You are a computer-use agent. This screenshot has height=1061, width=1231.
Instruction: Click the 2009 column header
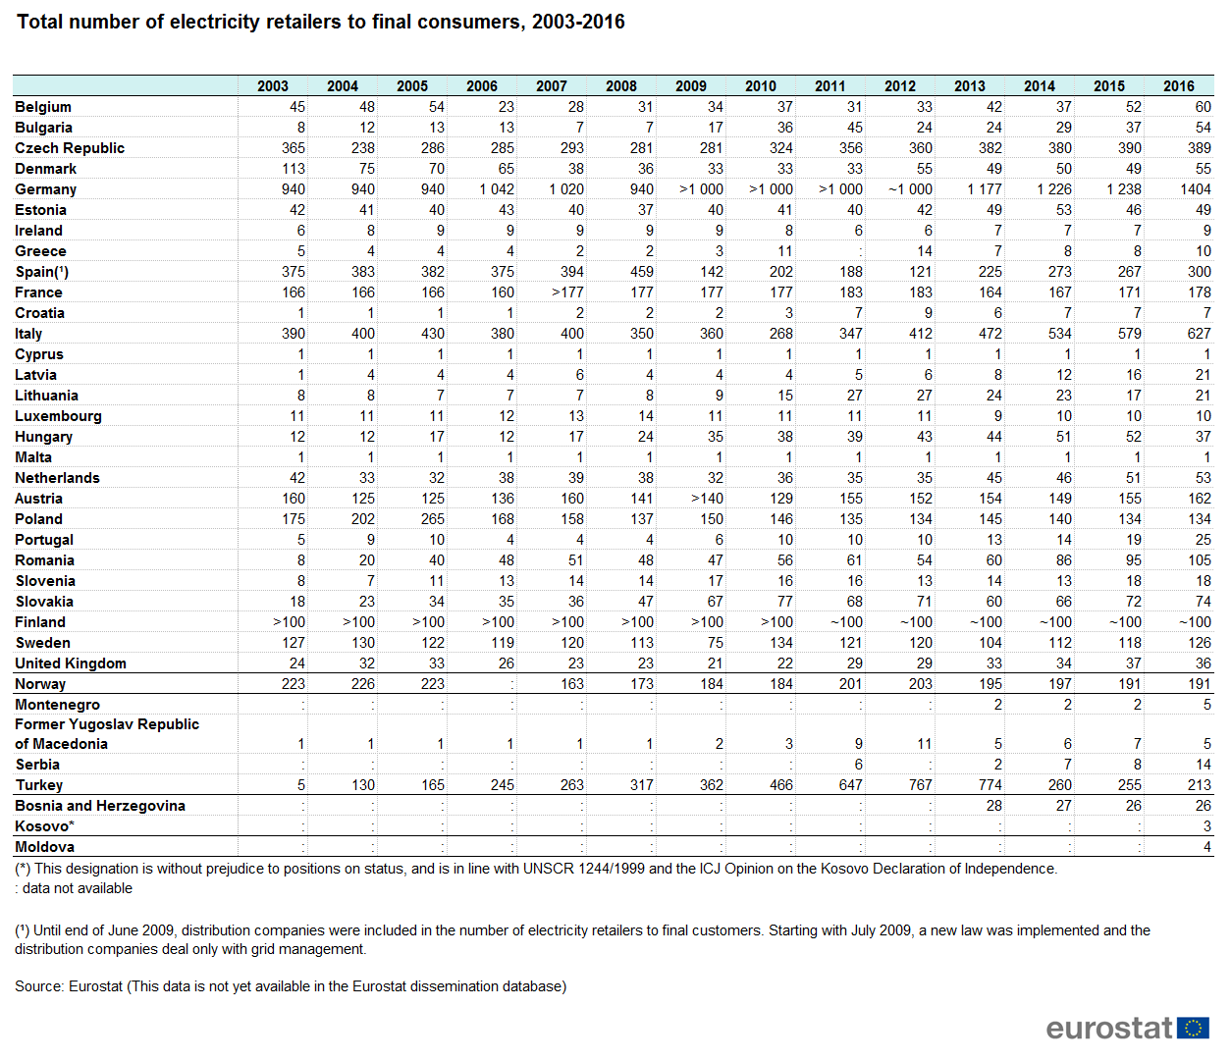click(690, 86)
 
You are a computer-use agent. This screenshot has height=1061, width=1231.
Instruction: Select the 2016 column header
click(1178, 86)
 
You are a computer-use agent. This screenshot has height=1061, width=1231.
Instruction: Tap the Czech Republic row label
click(70, 148)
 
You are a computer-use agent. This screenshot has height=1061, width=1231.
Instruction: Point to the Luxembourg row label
click(58, 416)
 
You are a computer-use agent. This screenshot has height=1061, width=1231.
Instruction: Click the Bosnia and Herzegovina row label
click(100, 806)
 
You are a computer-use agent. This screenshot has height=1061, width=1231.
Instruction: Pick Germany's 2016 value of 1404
click(1196, 189)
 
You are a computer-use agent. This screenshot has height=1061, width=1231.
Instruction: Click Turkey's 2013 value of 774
click(990, 785)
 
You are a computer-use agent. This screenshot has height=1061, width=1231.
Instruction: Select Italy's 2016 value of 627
click(1199, 334)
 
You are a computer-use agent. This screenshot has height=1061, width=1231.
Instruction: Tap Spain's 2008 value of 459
click(641, 272)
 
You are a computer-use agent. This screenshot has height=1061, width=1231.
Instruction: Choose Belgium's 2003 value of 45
click(297, 107)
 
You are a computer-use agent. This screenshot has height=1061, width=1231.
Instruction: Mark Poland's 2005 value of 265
click(432, 519)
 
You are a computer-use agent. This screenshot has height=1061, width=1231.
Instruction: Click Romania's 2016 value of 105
click(1199, 560)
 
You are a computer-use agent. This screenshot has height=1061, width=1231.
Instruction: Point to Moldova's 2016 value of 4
click(1207, 847)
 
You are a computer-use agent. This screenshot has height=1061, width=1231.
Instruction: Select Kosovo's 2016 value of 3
click(1207, 826)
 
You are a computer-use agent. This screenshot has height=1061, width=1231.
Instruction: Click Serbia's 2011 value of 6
click(858, 765)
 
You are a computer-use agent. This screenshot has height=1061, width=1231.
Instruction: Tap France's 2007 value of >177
click(567, 292)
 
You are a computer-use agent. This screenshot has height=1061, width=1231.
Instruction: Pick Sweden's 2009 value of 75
click(716, 643)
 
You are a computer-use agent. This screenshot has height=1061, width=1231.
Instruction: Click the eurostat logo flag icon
click(1193, 1028)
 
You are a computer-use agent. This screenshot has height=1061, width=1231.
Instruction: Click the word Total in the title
click(39, 22)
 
